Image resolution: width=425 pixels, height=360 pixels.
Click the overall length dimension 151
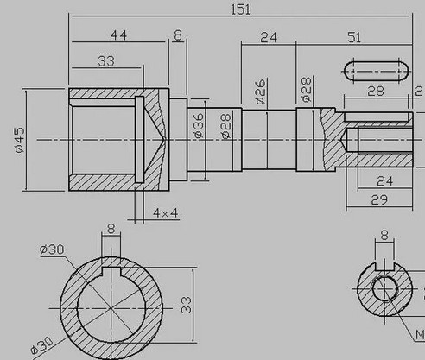coord(241,9)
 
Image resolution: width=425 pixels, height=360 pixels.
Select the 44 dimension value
coord(118,35)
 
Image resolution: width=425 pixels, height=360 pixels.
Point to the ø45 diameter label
coord(20,140)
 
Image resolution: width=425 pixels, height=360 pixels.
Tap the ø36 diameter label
coord(199,125)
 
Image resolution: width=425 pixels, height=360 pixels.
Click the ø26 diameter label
coord(260,92)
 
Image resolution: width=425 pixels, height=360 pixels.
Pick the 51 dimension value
coord(354,38)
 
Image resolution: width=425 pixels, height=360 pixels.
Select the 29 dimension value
coord(379,199)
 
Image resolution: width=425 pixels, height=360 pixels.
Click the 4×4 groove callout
coord(165,213)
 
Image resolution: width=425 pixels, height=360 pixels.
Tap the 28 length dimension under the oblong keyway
coord(376,91)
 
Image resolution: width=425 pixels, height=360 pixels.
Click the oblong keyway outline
coord(376,61)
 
